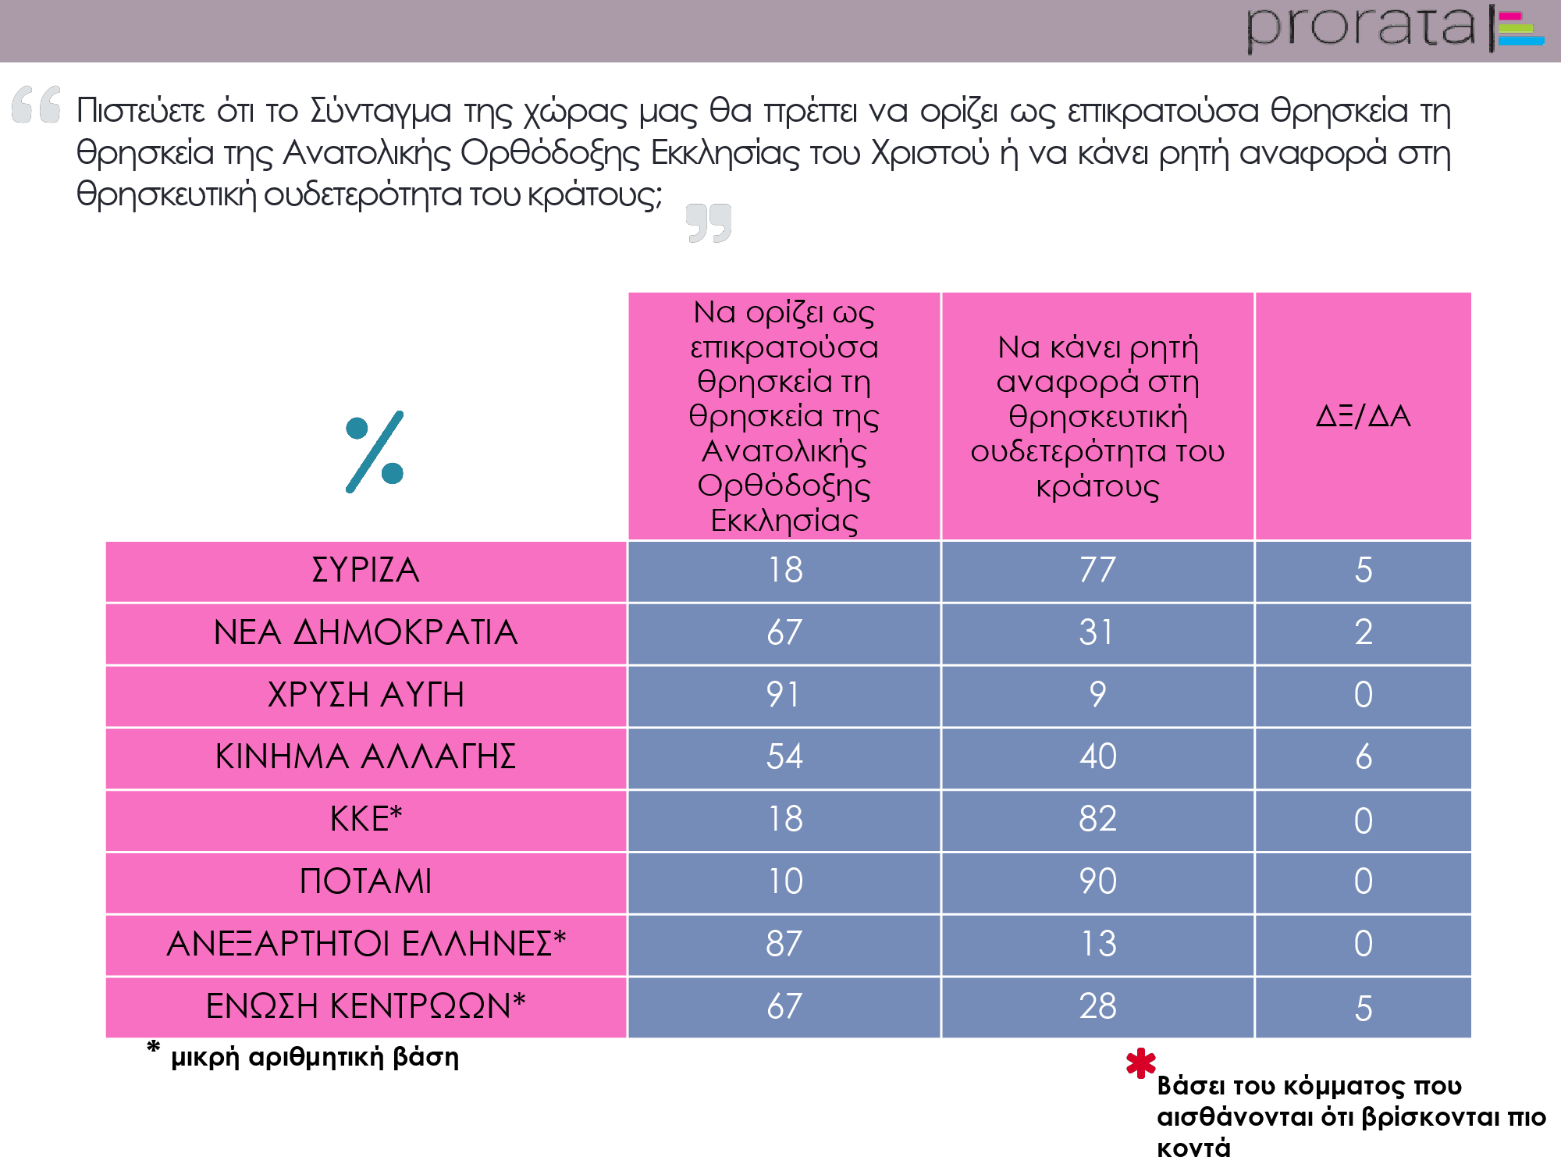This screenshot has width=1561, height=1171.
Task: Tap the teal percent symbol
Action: [x=375, y=451]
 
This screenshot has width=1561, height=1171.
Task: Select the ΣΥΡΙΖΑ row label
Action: [x=366, y=570]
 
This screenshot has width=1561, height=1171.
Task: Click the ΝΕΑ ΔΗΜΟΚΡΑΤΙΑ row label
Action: [x=366, y=632]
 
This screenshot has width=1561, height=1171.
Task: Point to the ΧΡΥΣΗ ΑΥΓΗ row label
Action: [x=366, y=695]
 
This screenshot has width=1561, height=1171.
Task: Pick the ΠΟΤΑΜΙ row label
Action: [x=366, y=881]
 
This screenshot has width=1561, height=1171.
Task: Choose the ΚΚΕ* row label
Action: [x=366, y=819]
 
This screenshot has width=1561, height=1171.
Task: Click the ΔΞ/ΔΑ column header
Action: [x=1363, y=416]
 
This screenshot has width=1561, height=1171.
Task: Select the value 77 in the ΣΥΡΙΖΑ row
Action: [x=1097, y=570]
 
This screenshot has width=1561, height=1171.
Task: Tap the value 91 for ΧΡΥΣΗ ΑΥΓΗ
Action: [x=784, y=695]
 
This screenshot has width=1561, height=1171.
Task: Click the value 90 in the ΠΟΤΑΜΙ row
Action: [x=1097, y=881]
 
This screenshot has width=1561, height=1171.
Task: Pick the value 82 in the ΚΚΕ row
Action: [x=1097, y=819]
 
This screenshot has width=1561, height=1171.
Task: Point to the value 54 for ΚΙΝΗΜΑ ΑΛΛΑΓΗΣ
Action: [x=784, y=756]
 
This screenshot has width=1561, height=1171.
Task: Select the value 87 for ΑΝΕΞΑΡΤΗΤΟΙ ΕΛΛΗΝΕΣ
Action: [x=784, y=944]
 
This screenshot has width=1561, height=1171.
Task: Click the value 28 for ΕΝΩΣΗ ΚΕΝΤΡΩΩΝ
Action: [x=1097, y=1006]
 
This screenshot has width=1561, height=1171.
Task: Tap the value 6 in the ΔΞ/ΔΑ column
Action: [x=1363, y=756]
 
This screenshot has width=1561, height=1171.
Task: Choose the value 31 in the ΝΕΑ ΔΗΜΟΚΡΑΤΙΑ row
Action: [x=1097, y=632]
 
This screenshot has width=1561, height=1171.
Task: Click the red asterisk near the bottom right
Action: [x=1140, y=1063]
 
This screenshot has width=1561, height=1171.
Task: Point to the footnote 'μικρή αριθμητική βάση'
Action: [x=315, y=1057]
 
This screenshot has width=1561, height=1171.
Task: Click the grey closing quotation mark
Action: [x=709, y=223]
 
